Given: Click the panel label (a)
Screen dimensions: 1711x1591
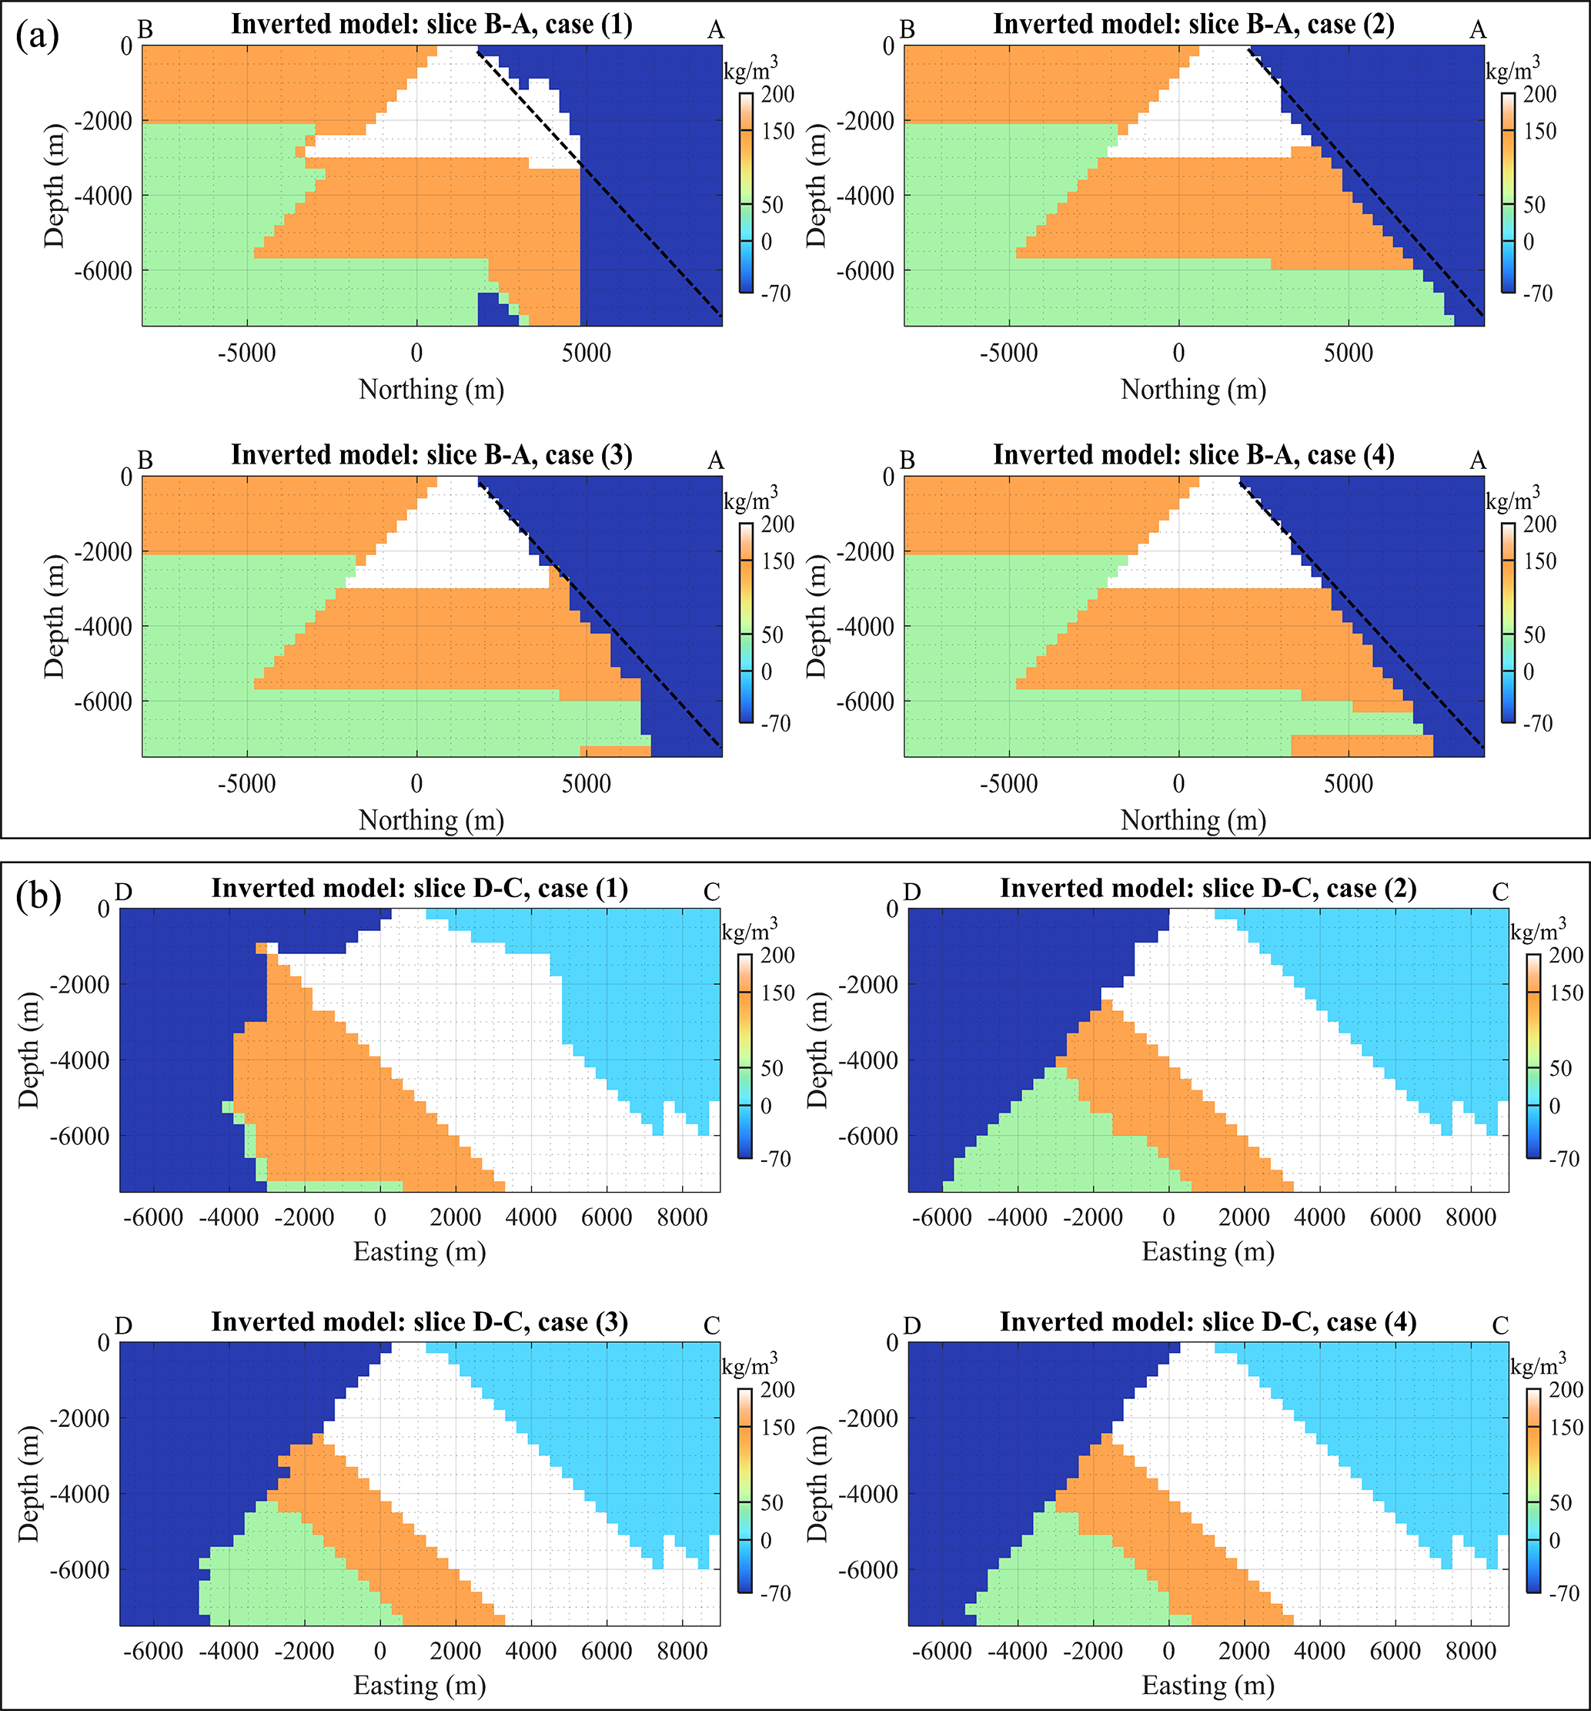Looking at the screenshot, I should tap(38, 36).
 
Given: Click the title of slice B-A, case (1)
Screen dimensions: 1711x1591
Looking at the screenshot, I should tap(431, 24).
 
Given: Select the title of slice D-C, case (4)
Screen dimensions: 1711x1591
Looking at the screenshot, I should tap(1208, 1321).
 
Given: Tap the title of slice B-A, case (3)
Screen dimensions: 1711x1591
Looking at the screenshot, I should tap(431, 454).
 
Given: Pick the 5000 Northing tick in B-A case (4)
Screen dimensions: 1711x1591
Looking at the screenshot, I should tap(1349, 784).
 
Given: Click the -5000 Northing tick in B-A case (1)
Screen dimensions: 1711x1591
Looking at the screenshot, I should tap(246, 353).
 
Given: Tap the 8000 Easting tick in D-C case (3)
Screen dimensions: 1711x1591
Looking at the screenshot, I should tap(681, 1652).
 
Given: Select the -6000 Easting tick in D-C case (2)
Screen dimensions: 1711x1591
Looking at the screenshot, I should tap(941, 1218).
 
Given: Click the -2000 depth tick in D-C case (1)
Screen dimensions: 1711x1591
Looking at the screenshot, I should tap(82, 985).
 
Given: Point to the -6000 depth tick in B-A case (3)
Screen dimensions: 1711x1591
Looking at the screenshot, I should tap(105, 701).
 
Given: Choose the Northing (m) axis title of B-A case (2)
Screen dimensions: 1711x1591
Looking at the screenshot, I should tap(1194, 390).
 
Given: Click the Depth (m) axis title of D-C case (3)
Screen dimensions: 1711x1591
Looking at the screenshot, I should tap(29, 1484).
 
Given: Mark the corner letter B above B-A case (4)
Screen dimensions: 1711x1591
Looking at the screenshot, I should tap(907, 460).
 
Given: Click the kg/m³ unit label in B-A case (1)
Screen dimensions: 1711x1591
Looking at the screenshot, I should tap(751, 68).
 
